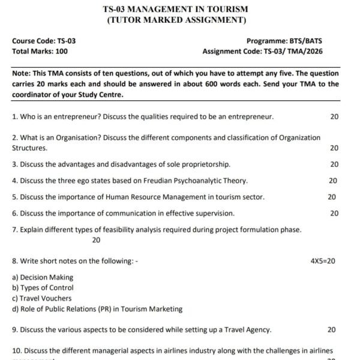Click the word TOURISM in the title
[222, 10]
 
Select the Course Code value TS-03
[66, 41]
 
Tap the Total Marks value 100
[61, 52]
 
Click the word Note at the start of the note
[22, 74]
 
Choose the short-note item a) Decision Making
[43, 277]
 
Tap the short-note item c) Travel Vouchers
[41, 298]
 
